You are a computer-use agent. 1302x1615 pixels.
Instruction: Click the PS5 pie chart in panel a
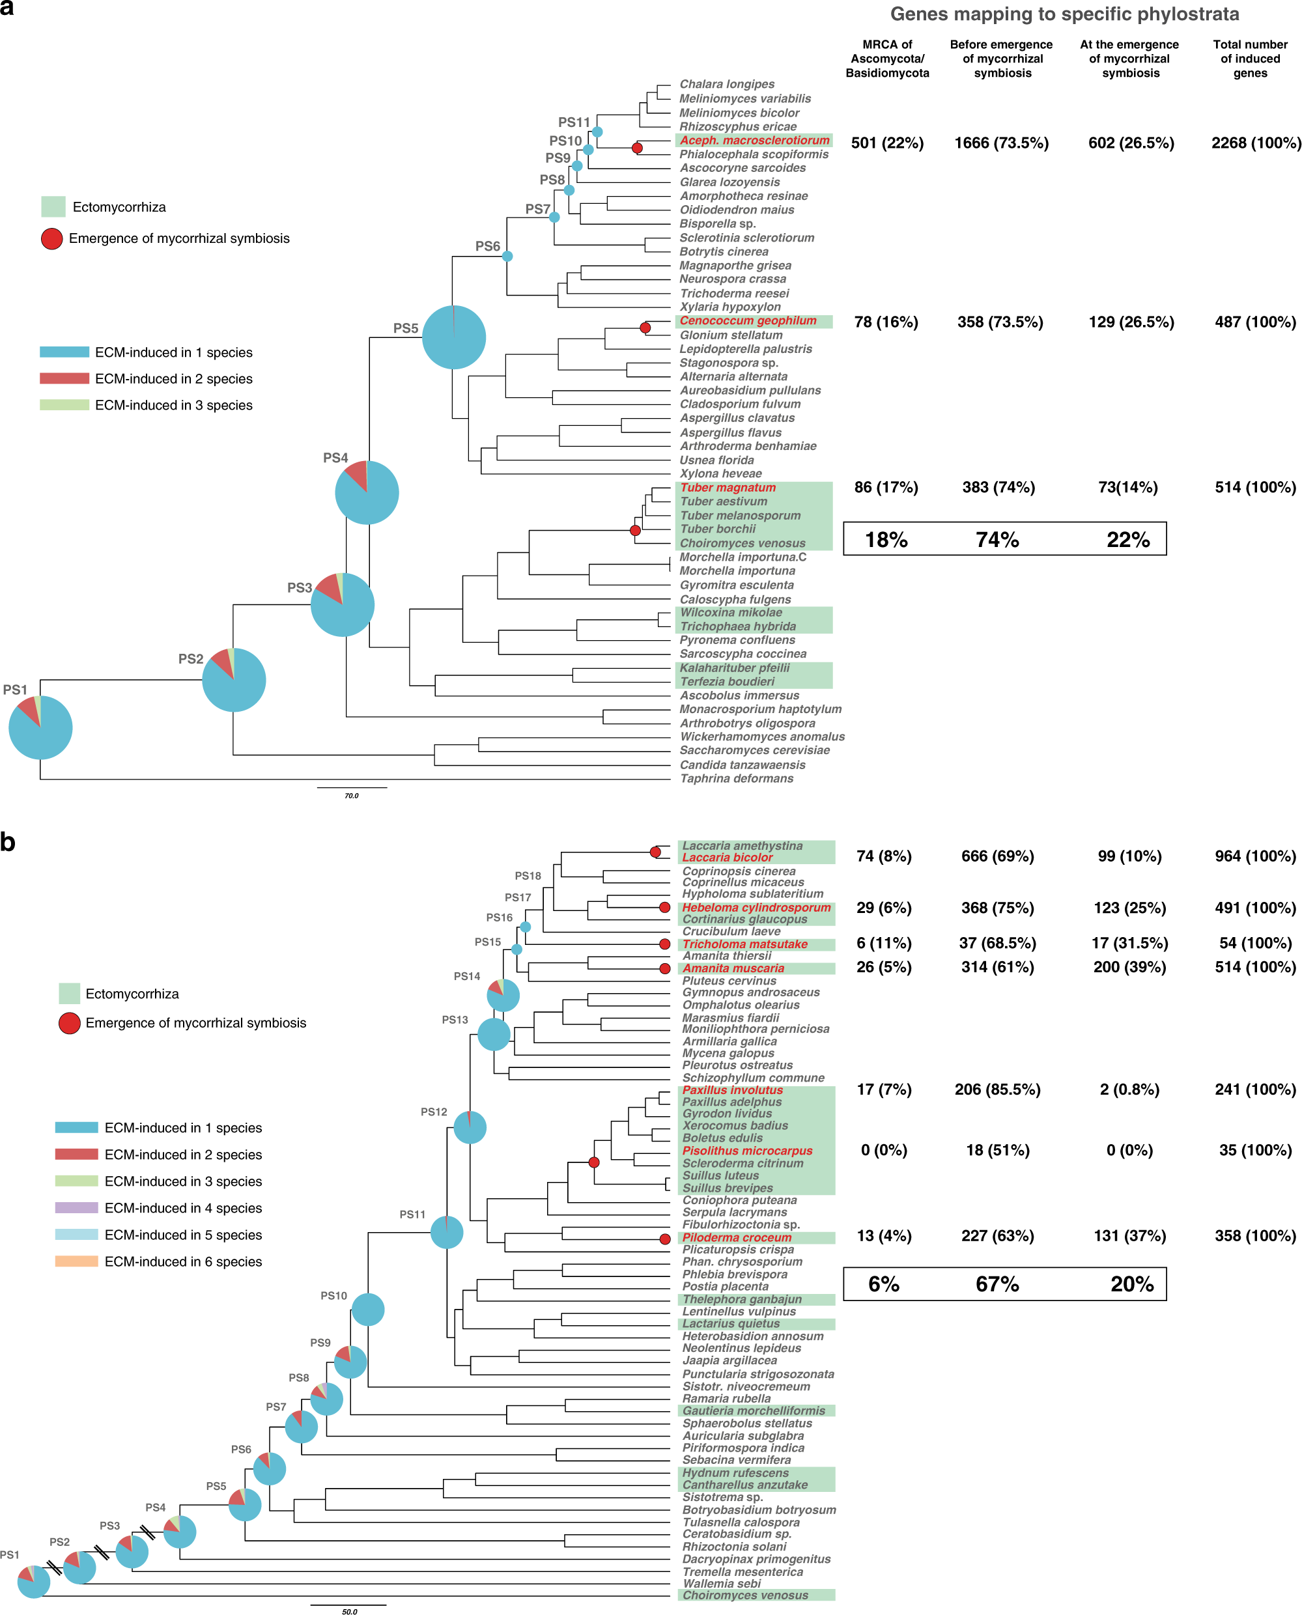click(454, 337)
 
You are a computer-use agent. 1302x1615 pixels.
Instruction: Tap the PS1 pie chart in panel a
click(40, 727)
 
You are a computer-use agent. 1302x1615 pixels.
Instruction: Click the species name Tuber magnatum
click(728, 487)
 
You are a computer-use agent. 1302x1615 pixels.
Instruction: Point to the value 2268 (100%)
click(1256, 143)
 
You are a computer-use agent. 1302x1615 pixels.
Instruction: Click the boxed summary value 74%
click(997, 540)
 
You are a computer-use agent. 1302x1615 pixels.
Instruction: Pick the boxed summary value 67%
click(997, 1284)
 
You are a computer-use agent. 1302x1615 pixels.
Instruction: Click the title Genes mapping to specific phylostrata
click(1064, 14)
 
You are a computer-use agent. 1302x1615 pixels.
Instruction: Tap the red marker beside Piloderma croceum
click(664, 1239)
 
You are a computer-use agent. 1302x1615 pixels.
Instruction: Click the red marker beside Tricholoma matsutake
click(664, 944)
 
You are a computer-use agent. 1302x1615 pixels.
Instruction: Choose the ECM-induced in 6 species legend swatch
click(76, 1261)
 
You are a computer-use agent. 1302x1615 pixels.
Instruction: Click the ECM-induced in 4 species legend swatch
click(76, 1208)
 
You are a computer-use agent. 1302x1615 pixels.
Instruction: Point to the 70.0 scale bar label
click(351, 796)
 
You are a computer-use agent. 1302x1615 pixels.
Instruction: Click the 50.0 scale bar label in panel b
click(350, 1610)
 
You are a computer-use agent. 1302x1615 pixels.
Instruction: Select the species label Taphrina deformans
click(736, 778)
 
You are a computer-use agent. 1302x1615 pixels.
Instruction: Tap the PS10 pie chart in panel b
click(368, 1309)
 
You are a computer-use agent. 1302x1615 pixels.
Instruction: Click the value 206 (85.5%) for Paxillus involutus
click(997, 1089)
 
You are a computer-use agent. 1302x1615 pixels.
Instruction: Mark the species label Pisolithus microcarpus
click(747, 1150)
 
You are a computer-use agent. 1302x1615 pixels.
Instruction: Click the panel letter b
click(8, 842)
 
